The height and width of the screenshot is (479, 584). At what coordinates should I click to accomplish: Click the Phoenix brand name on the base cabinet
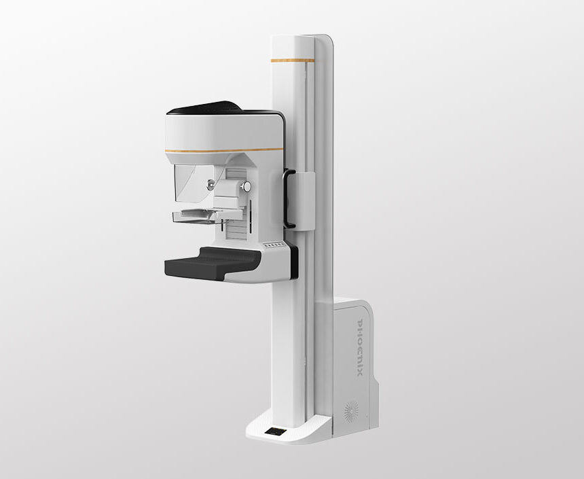[x=360, y=347]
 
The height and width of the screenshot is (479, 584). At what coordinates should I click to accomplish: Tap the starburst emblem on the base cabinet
[x=351, y=412]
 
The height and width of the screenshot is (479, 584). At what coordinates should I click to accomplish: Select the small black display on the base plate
[x=276, y=431]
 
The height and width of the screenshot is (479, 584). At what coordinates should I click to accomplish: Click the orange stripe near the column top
[x=293, y=60]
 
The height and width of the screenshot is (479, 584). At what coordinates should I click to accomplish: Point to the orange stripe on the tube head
[x=224, y=150]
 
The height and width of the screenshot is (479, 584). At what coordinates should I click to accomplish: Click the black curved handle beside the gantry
[x=287, y=198]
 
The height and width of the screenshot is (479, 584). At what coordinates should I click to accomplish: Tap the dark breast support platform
[x=213, y=263]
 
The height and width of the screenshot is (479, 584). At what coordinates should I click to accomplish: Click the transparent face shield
[x=194, y=183]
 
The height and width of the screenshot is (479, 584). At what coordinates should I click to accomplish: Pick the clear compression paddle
[x=194, y=217]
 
